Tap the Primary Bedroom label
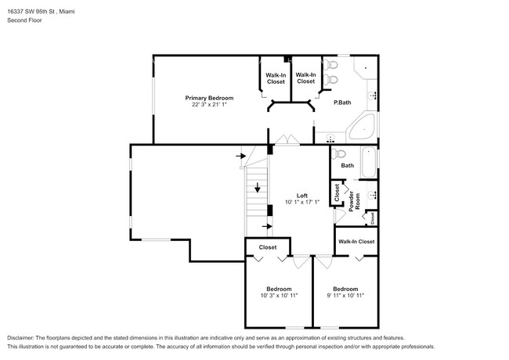pyautogui.click(x=209, y=98)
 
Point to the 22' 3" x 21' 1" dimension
pyautogui.click(x=209, y=105)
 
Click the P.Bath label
pyautogui.click(x=341, y=103)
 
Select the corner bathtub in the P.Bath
pyautogui.click(x=362, y=128)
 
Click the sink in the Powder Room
pyautogui.click(x=373, y=193)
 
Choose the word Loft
pyautogui.click(x=302, y=195)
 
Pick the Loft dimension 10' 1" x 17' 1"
pyautogui.click(x=302, y=203)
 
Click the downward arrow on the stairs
pyautogui.click(x=257, y=189)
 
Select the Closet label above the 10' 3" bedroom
pyautogui.click(x=268, y=247)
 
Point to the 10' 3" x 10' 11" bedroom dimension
pyautogui.click(x=279, y=296)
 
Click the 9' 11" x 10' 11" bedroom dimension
pyautogui.click(x=345, y=296)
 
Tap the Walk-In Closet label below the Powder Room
pyautogui.click(x=356, y=242)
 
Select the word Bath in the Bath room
pyautogui.click(x=348, y=166)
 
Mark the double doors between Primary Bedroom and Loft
pyautogui.click(x=287, y=141)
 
